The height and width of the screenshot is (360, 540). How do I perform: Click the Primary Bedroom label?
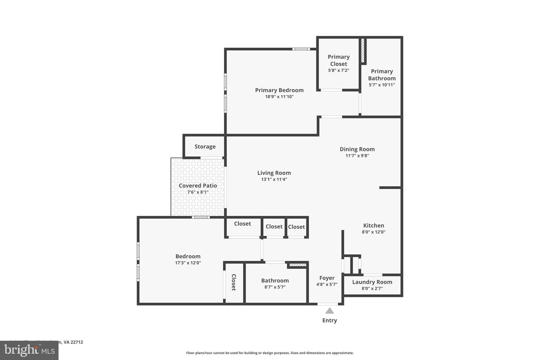pos(279,90)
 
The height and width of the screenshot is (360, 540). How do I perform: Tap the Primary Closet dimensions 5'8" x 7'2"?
pos(338,70)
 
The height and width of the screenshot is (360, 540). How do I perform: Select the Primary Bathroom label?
pos(382,75)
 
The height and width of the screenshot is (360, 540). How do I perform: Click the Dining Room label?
pos(357,149)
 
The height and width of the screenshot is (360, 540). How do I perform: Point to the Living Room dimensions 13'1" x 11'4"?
pos(274,180)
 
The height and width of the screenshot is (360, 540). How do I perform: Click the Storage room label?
pos(205,147)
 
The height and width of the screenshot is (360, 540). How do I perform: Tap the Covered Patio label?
pos(198,186)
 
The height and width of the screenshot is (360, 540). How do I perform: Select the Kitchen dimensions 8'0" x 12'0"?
pos(373,232)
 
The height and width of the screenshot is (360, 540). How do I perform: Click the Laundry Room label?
pos(372,282)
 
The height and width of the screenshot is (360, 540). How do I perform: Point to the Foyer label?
pos(327,278)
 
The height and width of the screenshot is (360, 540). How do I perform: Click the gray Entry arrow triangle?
pos(329,310)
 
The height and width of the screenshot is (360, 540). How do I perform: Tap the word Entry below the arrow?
pos(329,320)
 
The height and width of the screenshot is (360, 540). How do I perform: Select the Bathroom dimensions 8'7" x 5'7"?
pos(275,287)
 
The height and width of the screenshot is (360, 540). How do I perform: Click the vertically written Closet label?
pos(234,282)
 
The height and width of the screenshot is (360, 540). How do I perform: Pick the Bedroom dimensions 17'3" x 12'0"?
pos(188,263)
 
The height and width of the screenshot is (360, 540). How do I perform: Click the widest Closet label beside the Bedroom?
pos(242,224)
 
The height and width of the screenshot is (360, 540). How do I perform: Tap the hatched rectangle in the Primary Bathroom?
pos(363,50)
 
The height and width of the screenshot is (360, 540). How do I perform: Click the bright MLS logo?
pos(29,350)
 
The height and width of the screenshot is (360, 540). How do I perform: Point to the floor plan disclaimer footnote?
pos(270,353)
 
